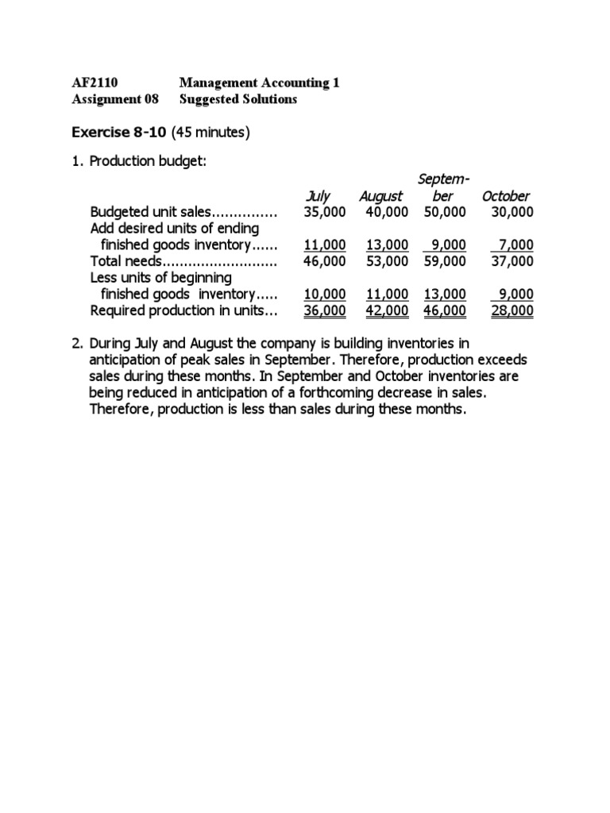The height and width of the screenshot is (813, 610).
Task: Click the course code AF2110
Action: click(x=95, y=83)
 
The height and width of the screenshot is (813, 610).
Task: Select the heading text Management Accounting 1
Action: click(x=259, y=83)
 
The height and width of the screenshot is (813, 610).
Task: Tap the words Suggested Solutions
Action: click(x=238, y=99)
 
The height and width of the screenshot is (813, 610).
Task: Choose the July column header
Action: click(x=318, y=196)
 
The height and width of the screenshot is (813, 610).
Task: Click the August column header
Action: click(x=380, y=196)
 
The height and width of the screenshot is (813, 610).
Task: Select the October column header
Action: click(x=505, y=196)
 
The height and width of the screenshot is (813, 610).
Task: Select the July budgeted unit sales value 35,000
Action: click(x=325, y=212)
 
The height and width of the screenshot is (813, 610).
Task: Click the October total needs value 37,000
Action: click(x=512, y=261)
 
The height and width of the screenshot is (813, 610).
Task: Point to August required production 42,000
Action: click(x=387, y=310)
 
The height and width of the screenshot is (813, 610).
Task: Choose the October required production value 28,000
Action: click(x=512, y=310)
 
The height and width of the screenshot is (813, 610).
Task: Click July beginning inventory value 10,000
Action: click(x=325, y=294)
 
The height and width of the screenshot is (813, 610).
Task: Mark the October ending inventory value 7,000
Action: click(x=515, y=245)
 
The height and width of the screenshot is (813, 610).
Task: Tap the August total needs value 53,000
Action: click(x=387, y=261)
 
